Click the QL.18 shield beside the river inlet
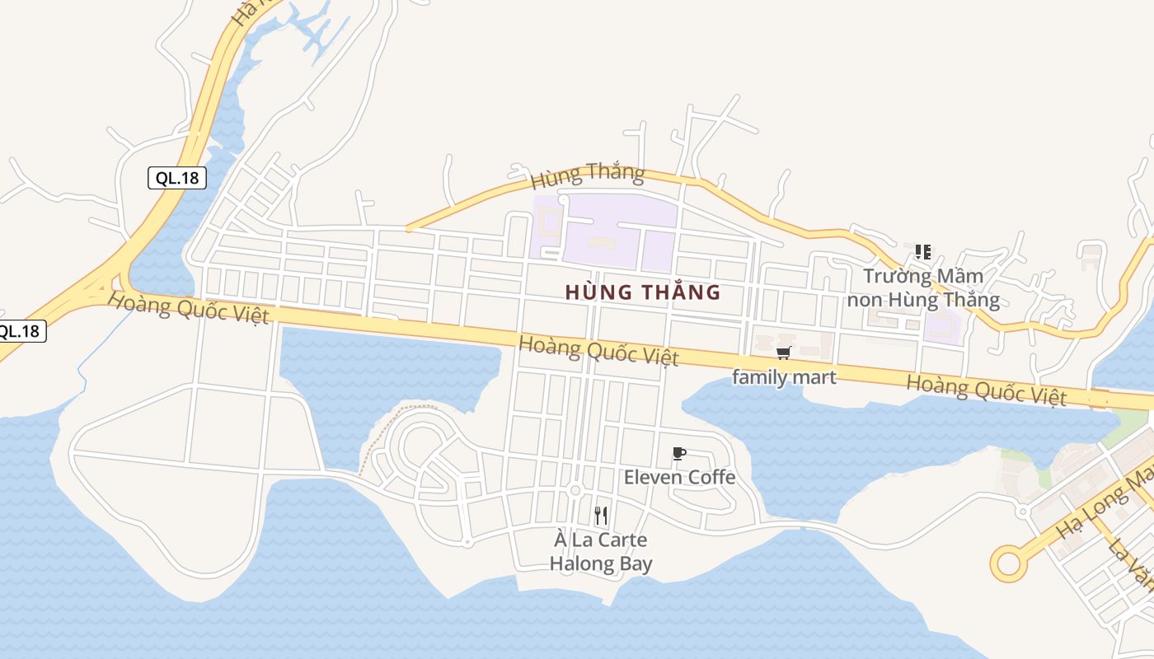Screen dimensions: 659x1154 pyautogui.click(x=177, y=177)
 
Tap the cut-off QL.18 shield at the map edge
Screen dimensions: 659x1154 pyautogui.click(x=20, y=331)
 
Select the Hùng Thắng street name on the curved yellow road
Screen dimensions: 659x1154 pyautogui.click(x=587, y=175)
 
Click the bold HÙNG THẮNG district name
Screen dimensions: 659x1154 pyautogui.click(x=643, y=292)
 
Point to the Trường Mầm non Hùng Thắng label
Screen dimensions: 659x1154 pyautogui.click(x=923, y=287)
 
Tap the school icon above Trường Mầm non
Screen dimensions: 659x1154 pyautogui.click(x=923, y=252)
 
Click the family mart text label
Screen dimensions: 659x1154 pyautogui.click(x=784, y=377)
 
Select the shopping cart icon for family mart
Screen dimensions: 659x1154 pyautogui.click(x=783, y=353)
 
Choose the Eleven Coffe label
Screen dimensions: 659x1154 pyautogui.click(x=679, y=477)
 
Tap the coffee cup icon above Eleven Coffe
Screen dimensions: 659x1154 pyautogui.click(x=678, y=454)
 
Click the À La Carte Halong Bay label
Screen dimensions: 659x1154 pyautogui.click(x=601, y=552)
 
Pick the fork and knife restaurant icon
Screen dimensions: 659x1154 pyautogui.click(x=601, y=516)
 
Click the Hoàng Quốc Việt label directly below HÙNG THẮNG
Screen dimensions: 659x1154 pyautogui.click(x=599, y=350)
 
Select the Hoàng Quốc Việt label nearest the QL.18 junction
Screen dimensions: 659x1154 pyautogui.click(x=189, y=309)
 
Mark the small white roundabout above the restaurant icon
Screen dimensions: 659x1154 pyautogui.click(x=575, y=492)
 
